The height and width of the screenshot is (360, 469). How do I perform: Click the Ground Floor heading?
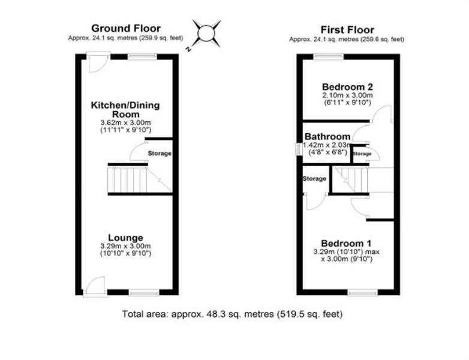click(126, 28)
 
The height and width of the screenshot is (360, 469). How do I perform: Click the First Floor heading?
click(347, 30)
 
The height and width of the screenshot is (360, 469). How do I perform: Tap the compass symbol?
click(206, 34)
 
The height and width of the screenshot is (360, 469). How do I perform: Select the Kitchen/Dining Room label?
click(125, 110)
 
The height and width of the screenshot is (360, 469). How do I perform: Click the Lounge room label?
click(125, 238)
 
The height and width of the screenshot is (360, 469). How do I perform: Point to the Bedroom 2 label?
click(348, 87)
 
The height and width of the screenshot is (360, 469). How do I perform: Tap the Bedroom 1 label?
click(347, 243)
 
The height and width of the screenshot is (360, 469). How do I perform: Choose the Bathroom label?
click(327, 136)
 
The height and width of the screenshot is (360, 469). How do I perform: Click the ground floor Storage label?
click(160, 154)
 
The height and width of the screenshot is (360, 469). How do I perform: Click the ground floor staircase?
click(140, 180)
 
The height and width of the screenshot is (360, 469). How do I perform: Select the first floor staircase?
click(351, 180)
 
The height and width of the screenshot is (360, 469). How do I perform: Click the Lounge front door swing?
click(95, 286)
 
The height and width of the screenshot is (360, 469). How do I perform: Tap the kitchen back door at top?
click(98, 62)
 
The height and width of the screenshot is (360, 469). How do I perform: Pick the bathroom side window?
click(298, 149)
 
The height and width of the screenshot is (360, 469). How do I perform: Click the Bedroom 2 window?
click(329, 56)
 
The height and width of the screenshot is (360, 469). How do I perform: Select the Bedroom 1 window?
click(362, 292)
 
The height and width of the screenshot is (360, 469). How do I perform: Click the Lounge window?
click(144, 292)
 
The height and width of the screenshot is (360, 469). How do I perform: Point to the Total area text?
click(232, 314)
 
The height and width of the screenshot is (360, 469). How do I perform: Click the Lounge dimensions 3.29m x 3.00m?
click(125, 246)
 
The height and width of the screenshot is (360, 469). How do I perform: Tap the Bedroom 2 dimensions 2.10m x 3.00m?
click(348, 95)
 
